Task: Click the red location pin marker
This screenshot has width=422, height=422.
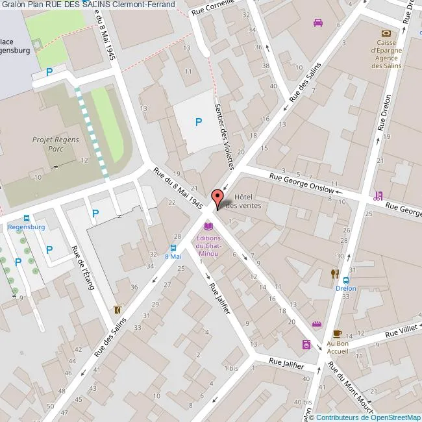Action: [x=217, y=197]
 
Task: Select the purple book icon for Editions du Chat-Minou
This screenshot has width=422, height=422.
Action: [x=208, y=227]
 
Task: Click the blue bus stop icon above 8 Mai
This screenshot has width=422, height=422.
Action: [x=173, y=247]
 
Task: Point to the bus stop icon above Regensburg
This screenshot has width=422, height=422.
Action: [x=26, y=219]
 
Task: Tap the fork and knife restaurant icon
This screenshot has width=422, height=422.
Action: [x=335, y=273]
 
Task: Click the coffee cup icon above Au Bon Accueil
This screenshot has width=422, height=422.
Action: [x=337, y=334]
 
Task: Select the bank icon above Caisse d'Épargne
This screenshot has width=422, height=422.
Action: [x=387, y=33]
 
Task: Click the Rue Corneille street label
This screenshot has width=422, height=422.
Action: [x=212, y=8]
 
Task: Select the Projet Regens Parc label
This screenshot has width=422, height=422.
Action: [x=51, y=143]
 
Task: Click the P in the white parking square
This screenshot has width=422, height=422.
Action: [x=199, y=121]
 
